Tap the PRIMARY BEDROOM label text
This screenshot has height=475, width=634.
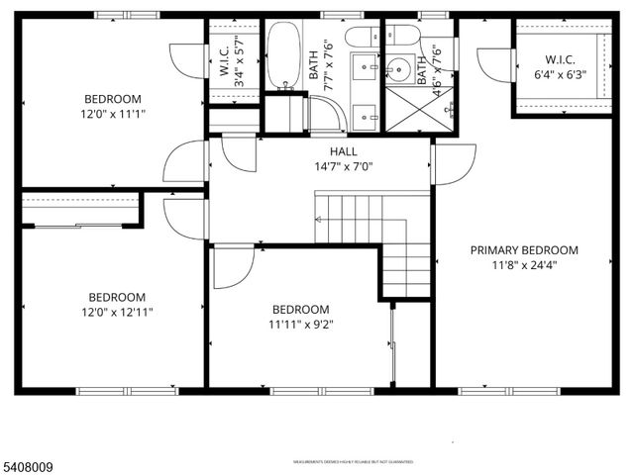(524, 250)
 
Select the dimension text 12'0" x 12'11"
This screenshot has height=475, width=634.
(117, 312)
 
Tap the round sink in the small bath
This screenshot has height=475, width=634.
(400, 69)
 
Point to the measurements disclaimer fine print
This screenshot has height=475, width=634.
(354, 462)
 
